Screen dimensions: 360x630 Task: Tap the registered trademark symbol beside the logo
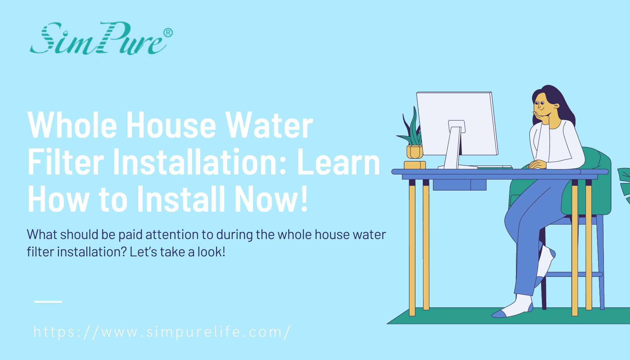(x=168, y=33)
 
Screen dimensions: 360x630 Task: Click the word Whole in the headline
(x=72, y=125)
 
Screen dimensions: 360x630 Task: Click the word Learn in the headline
(x=339, y=163)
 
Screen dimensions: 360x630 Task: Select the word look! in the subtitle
(x=211, y=252)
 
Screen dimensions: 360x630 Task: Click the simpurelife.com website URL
(x=162, y=332)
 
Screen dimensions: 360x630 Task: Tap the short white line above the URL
(x=48, y=302)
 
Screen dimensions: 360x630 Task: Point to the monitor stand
(x=454, y=145)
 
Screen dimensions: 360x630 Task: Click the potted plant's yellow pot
(x=415, y=152)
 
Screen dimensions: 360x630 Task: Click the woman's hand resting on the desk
(x=537, y=164)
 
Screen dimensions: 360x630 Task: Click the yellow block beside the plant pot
(x=415, y=165)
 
